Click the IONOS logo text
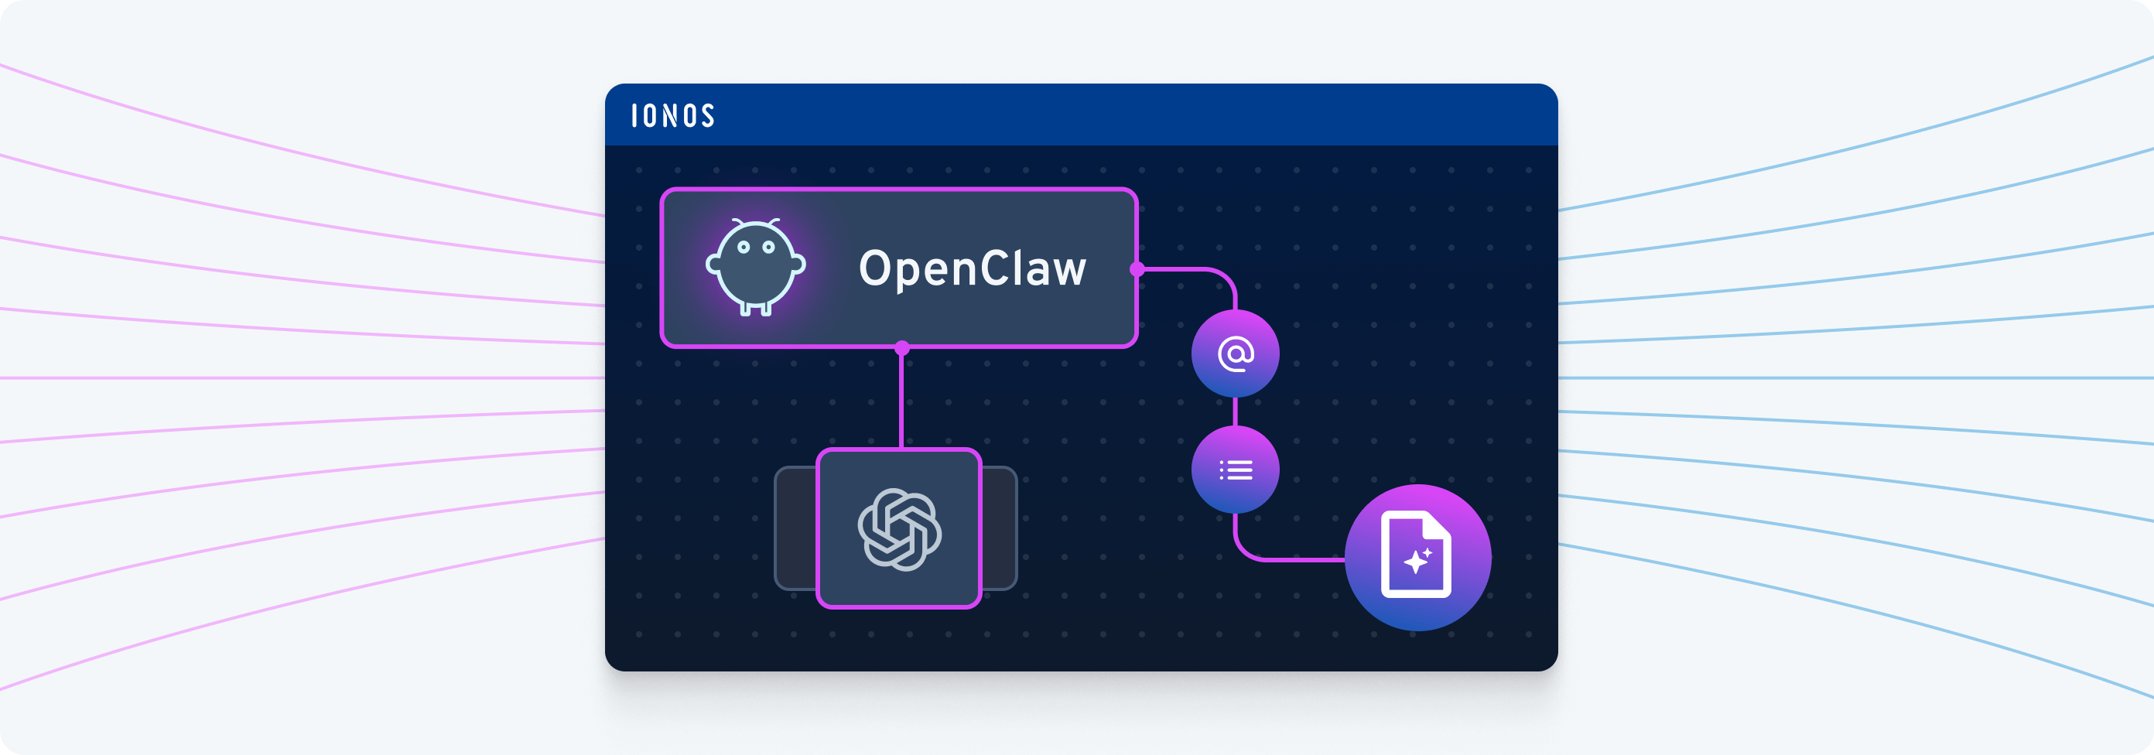coord(672,115)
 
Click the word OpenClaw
coord(972,268)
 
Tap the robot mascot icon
coord(755,267)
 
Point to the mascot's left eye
coord(743,248)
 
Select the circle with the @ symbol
coord(1235,354)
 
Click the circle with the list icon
coord(1235,470)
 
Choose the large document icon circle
coord(1417,557)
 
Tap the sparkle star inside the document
coord(1415,562)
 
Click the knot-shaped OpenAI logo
coord(899,529)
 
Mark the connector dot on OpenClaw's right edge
coord(1137,269)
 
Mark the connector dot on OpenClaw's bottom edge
coord(901,348)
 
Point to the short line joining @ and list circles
coord(1235,412)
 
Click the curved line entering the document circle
coord(1287,559)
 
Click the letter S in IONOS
coord(707,115)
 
